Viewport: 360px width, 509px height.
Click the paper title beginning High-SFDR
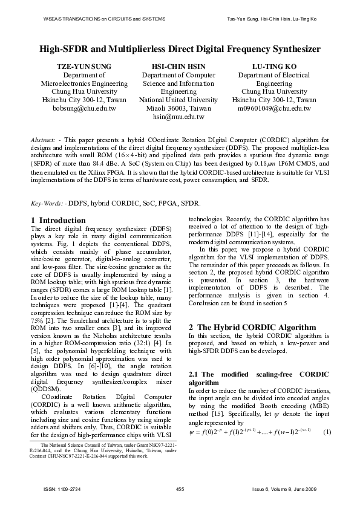point(180,49)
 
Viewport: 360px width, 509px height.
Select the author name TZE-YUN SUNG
point(84,66)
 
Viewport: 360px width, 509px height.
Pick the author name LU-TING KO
point(274,66)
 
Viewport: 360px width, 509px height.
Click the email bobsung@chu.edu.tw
point(84,108)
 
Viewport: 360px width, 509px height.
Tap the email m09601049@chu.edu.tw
point(274,108)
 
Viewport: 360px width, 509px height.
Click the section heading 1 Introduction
point(58,220)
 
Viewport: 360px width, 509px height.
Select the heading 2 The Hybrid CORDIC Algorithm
point(241,327)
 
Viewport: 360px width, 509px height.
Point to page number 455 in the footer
point(180,488)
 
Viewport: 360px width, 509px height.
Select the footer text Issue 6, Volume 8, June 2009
point(286,488)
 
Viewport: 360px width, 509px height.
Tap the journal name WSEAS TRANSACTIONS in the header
point(73,19)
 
